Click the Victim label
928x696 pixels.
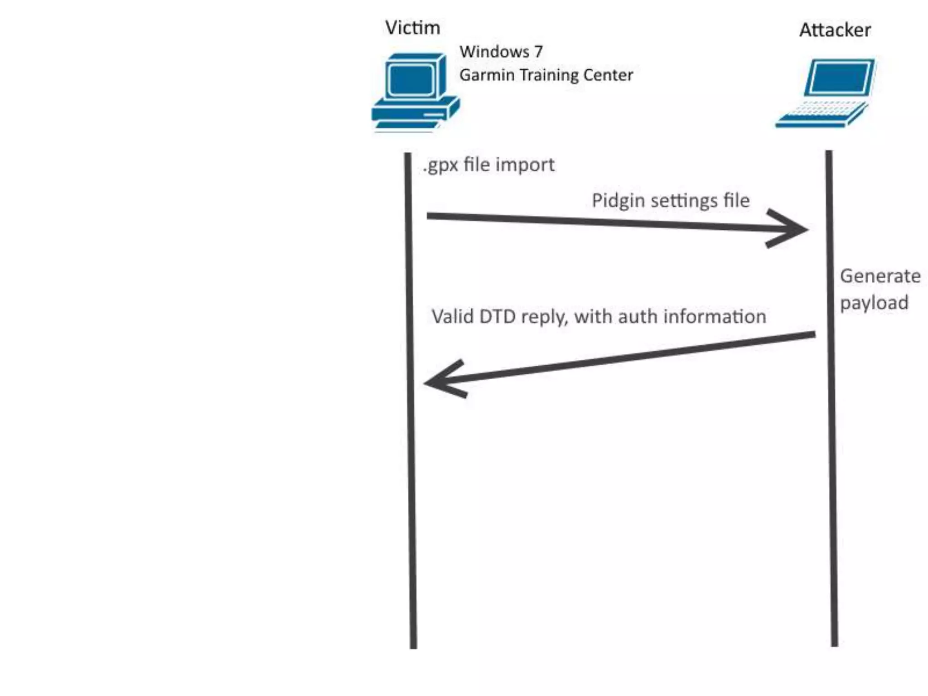coord(412,28)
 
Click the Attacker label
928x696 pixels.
coord(835,30)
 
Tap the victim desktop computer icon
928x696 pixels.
coord(415,93)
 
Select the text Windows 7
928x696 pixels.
coord(501,52)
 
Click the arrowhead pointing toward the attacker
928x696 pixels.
coord(791,229)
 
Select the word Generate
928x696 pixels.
coord(880,276)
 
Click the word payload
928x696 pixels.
coord(874,303)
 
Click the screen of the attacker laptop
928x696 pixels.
coord(841,77)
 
